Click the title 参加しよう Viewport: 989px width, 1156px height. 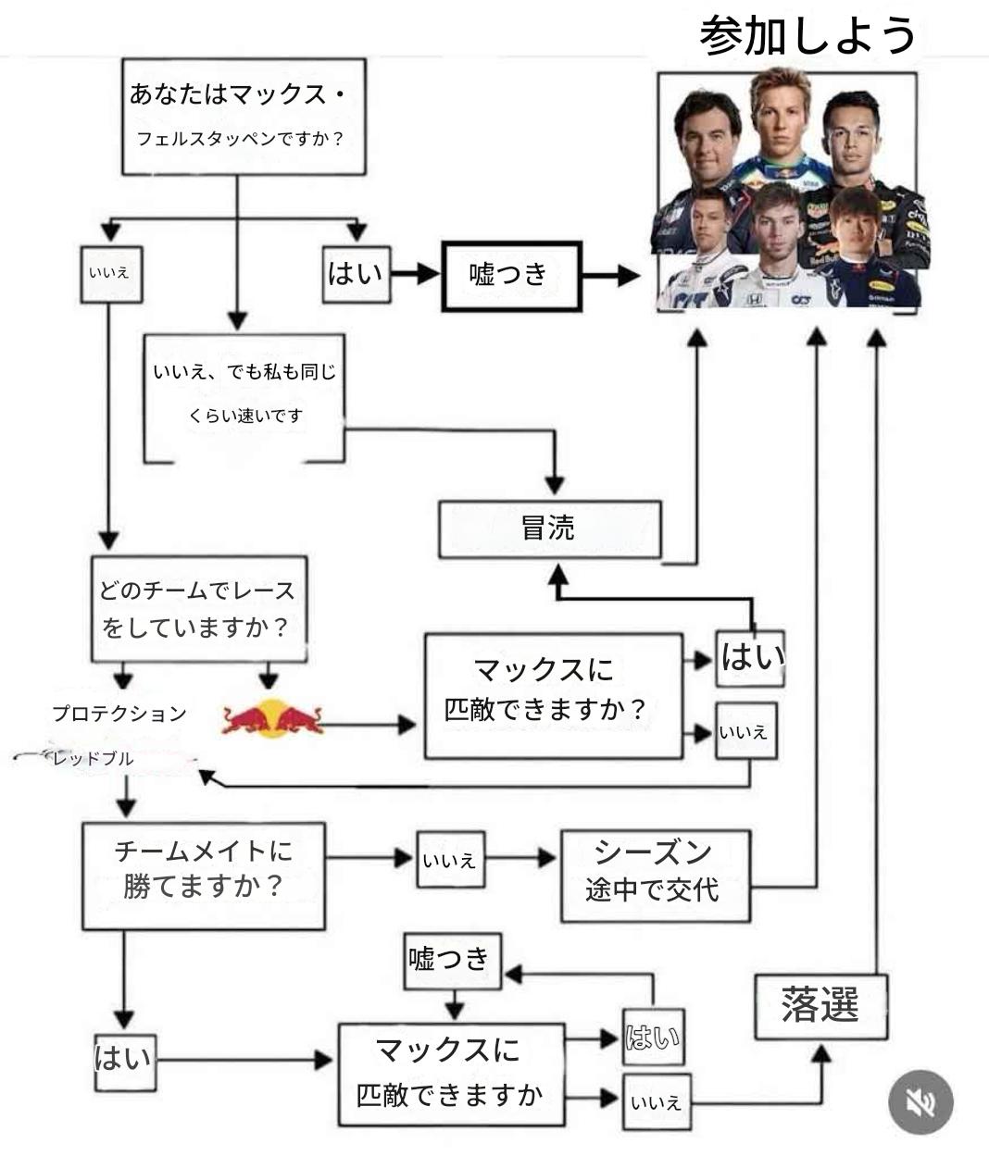[807, 35]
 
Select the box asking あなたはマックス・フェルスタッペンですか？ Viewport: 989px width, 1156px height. [244, 117]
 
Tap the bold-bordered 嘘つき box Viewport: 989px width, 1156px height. [511, 275]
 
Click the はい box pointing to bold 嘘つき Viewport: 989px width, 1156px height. [356, 275]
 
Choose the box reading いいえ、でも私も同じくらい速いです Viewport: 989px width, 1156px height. [244, 396]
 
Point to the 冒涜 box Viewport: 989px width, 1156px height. [549, 529]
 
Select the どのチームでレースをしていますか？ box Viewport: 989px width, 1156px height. [198, 609]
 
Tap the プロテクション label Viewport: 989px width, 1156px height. [119, 714]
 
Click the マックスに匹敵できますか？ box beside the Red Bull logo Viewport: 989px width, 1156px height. [553, 696]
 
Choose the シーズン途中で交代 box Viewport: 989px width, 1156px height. [655, 875]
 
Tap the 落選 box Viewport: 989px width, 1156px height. [820, 1006]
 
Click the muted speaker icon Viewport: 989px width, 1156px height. [920, 1101]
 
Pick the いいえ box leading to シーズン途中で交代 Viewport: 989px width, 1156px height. [450, 860]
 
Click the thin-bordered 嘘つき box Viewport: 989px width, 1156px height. [453, 960]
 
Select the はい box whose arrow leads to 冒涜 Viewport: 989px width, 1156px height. [750, 658]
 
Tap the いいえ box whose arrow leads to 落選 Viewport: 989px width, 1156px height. [657, 1101]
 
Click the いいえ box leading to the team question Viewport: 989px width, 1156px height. [111, 274]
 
